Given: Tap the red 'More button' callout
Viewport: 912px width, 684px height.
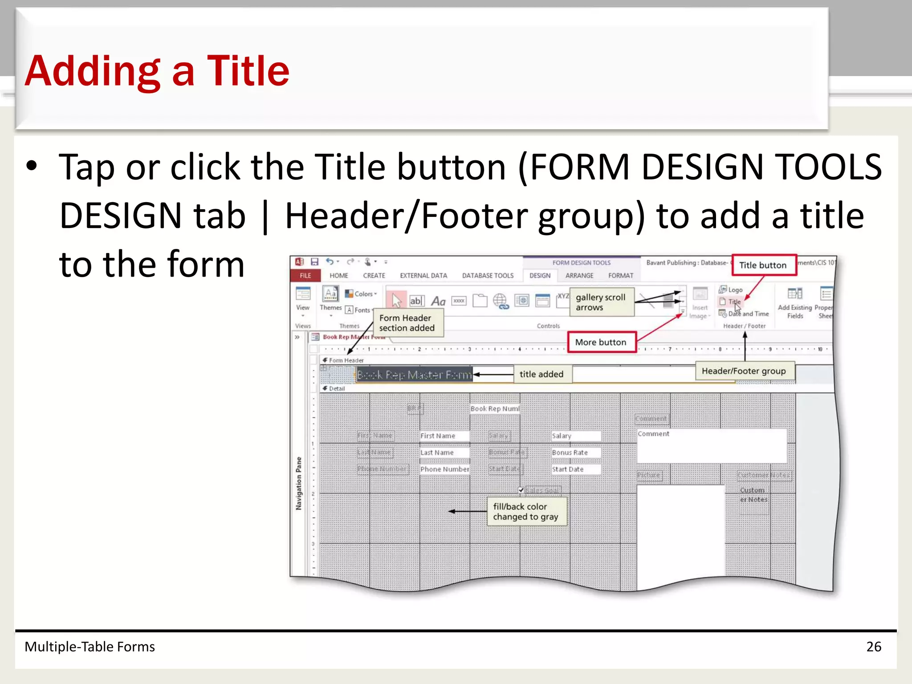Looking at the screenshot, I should [x=601, y=342].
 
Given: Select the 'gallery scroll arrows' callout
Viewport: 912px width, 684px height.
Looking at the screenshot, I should [x=601, y=302].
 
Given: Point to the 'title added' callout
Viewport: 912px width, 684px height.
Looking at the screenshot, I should [x=541, y=375].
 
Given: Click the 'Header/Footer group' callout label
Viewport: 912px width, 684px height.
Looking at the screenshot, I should [x=744, y=371].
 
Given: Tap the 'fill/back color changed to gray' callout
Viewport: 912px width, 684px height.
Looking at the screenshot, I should [x=526, y=512].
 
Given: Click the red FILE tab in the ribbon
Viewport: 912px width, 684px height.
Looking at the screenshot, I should [x=305, y=276].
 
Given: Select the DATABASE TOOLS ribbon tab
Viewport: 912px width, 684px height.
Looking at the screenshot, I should [x=488, y=276].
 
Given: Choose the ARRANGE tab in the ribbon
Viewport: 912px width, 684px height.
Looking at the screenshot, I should [x=579, y=276].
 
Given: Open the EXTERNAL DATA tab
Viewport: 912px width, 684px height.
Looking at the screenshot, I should [x=423, y=276].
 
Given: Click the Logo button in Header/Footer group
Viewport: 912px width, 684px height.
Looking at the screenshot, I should [x=731, y=290].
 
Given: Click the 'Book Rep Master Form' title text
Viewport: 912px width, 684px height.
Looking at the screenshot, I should [x=414, y=375].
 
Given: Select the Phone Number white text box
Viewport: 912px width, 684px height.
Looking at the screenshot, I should [x=444, y=469].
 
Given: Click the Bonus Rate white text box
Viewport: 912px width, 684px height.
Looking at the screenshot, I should [x=575, y=453].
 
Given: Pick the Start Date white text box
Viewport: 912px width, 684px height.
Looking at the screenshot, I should [x=575, y=469].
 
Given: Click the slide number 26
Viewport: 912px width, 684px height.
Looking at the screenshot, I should [x=874, y=647].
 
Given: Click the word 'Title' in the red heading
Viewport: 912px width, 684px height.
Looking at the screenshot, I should [x=248, y=71].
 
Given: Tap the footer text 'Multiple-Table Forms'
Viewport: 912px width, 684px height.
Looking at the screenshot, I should [x=90, y=647].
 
